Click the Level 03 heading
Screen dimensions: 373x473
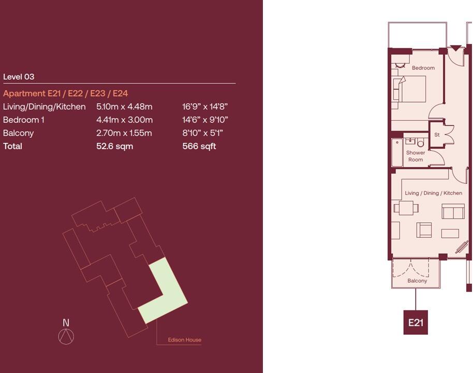pos(19,77)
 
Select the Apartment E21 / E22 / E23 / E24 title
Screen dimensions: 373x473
pos(65,93)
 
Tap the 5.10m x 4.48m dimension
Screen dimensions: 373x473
pos(124,107)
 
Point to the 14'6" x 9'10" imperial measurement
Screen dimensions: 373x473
pos(205,120)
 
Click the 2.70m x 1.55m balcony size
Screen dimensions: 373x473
pos(124,133)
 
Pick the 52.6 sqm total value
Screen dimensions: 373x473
pos(114,146)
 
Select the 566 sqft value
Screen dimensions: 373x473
pos(199,146)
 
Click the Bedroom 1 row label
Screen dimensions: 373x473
pos(24,120)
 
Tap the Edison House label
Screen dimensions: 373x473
pos(184,340)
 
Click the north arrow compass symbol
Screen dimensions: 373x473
pos(66,337)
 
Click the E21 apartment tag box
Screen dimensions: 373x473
pos(416,322)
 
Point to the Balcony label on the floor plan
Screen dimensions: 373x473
pos(417,281)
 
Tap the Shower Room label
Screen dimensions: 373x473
pos(415,156)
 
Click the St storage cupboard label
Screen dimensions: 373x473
pos(437,135)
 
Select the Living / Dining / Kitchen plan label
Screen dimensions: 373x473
pos(433,193)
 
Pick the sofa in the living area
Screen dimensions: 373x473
pos(453,211)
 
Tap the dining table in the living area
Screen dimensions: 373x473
pos(406,208)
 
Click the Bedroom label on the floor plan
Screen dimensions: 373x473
pos(423,68)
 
